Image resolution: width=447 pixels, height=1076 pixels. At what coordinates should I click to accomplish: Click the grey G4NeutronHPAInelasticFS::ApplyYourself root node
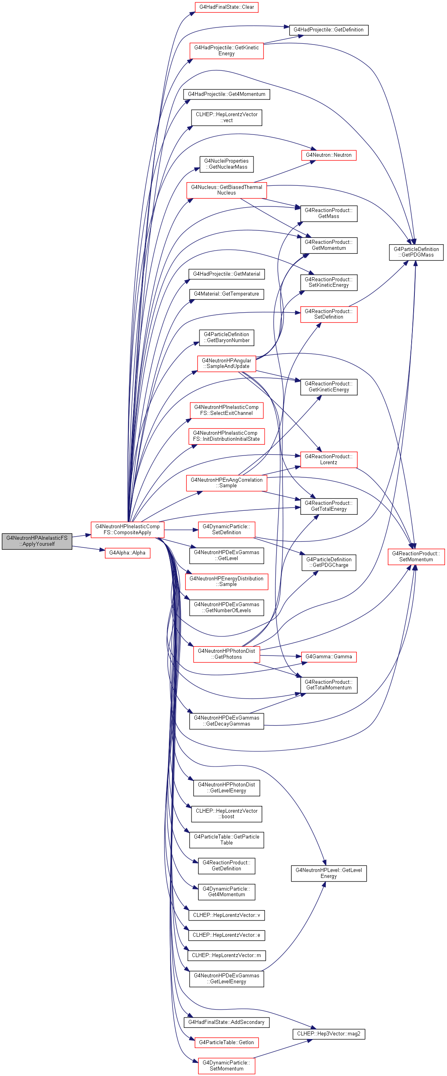[x=37, y=541]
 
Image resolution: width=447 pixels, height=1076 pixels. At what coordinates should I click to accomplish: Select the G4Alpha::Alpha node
[x=127, y=553]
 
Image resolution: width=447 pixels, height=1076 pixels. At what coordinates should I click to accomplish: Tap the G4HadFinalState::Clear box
[x=226, y=7]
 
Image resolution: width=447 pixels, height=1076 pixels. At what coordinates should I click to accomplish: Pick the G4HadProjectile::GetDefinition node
[x=329, y=30]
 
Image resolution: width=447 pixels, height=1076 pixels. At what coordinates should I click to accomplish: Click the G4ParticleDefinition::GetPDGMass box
[x=416, y=252]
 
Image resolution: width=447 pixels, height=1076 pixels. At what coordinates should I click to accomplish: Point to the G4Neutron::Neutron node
[x=329, y=155]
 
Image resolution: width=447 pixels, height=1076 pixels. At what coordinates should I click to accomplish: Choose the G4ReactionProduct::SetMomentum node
[x=416, y=557]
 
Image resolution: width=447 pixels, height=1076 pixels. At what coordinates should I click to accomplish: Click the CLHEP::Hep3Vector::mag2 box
[x=329, y=1034]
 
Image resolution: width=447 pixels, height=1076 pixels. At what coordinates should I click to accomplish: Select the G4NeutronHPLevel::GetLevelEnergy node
[x=329, y=873]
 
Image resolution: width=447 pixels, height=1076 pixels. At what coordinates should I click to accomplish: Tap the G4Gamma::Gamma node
[x=329, y=657]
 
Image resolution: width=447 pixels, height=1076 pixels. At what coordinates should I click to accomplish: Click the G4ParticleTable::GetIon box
[x=226, y=1043]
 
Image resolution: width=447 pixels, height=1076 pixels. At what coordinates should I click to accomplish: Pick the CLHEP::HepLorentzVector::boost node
[x=226, y=814]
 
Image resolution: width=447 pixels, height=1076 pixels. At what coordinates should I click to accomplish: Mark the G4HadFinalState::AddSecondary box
[x=226, y=1022]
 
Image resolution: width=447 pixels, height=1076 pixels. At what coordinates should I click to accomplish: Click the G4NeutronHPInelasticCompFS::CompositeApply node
[x=127, y=529]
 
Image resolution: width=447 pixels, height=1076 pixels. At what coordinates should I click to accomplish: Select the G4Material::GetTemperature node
[x=226, y=294]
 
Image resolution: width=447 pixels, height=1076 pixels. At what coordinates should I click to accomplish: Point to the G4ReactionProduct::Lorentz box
[x=329, y=459]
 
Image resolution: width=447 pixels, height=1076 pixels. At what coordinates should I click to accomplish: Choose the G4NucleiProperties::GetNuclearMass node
[x=226, y=164]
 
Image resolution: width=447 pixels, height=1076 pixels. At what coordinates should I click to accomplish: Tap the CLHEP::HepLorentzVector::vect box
[x=226, y=117]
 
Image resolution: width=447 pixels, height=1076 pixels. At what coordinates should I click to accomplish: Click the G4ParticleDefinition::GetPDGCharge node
[x=329, y=562]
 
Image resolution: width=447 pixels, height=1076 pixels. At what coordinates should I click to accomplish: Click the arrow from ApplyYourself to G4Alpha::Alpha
[x=89, y=549]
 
